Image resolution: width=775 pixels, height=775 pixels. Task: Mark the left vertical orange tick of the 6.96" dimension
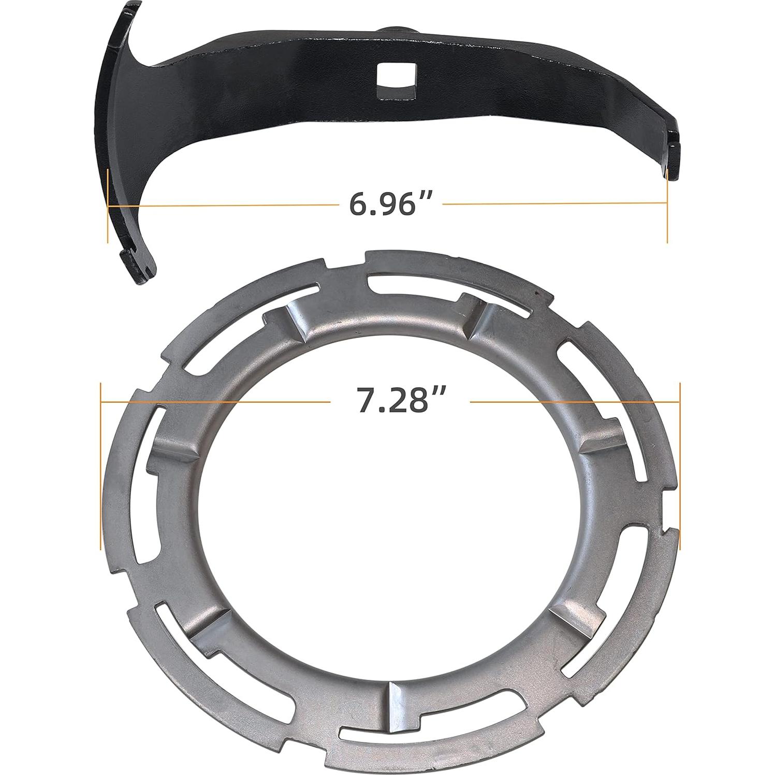tap(108, 206)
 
